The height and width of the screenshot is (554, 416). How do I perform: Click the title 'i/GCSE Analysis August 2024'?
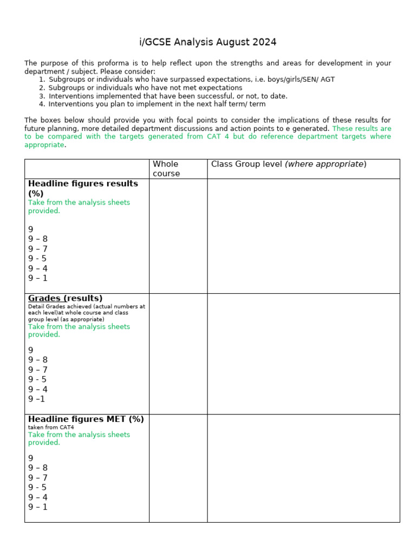point(208,42)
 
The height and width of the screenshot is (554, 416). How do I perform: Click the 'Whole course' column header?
point(165,168)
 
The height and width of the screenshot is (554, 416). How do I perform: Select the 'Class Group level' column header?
point(289,164)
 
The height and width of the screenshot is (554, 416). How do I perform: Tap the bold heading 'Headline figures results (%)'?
point(83,188)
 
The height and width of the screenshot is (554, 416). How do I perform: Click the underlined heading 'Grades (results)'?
point(65,298)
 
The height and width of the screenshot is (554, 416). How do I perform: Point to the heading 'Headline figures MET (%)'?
point(86,419)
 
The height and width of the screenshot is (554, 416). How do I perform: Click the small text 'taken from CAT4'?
point(51,427)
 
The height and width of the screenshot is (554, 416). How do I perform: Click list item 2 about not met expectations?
point(145,88)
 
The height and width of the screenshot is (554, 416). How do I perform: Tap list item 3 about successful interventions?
point(168,96)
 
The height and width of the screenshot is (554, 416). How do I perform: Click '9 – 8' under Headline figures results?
point(38,239)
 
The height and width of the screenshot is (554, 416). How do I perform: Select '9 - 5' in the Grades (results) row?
point(37,379)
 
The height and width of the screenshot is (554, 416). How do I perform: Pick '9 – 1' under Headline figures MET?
point(38,507)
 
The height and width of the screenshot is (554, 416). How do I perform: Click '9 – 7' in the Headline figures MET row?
point(38,478)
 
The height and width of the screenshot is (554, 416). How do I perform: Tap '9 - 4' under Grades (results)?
point(38,389)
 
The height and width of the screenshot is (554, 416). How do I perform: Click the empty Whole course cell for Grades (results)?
point(178,354)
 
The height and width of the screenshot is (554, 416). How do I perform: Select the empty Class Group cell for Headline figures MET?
point(303,468)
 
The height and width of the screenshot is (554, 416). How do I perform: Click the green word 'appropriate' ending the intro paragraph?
point(44,145)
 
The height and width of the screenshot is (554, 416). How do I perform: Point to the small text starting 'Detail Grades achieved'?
point(87,306)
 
